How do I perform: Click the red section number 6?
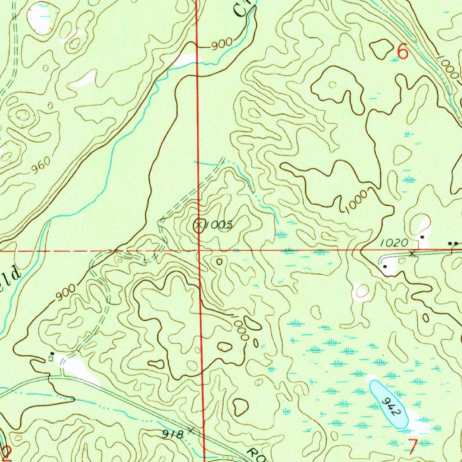coord(402,52)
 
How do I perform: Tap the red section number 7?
coord(413,446)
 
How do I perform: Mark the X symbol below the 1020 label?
coord(411,254)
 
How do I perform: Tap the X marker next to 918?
coord(191,430)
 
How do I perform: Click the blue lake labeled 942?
coord(388,404)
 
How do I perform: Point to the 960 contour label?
coord(41,167)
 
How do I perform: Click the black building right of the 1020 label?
coord(422,237)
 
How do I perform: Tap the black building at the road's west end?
coord(385,267)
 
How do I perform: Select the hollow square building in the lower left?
coord(51,359)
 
